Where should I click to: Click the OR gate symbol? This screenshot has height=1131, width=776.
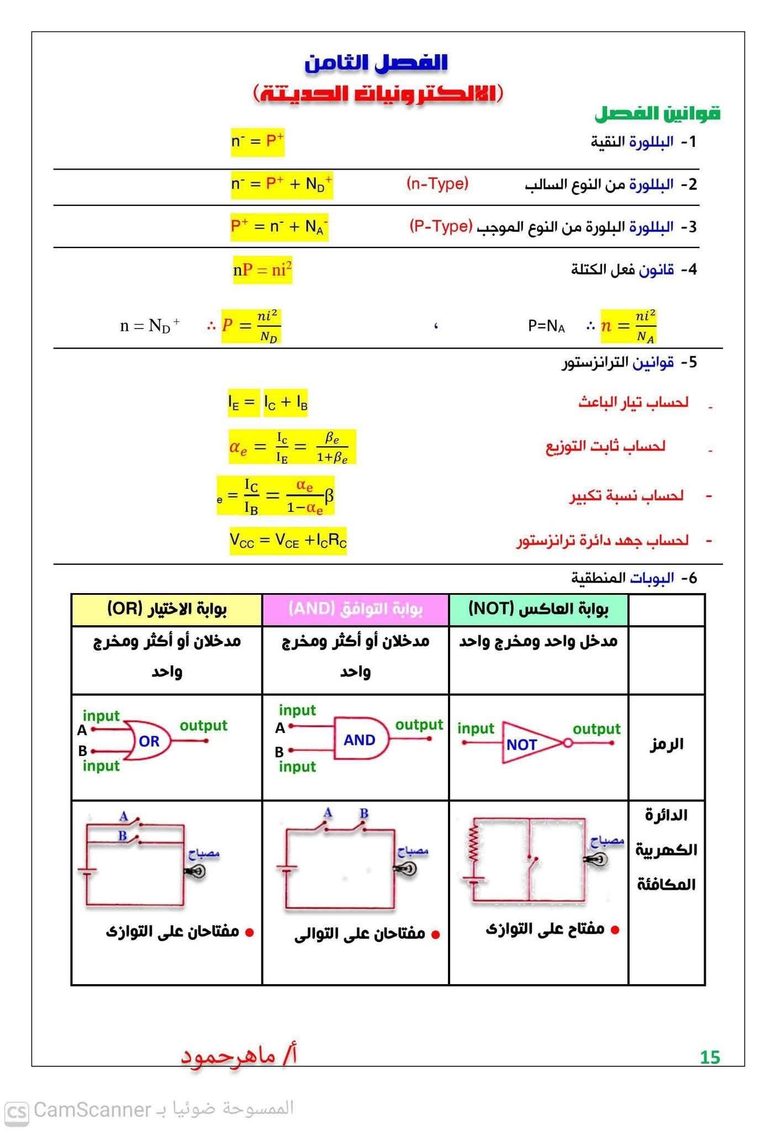[148, 741]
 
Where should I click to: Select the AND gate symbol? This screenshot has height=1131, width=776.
[360, 740]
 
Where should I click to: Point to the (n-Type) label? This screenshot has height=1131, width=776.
[437, 183]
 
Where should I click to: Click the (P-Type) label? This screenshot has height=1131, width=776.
[441, 226]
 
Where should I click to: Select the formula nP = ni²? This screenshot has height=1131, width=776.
[262, 270]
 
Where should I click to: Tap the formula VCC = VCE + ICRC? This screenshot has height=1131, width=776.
[288, 541]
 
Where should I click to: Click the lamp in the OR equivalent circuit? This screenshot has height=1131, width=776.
[196, 871]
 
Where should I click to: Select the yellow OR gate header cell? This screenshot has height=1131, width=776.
[167, 609]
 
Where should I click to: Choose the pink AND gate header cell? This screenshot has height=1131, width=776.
[356, 609]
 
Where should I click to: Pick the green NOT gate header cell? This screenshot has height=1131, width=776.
[539, 609]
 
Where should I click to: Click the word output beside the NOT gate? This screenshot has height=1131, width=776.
[596, 729]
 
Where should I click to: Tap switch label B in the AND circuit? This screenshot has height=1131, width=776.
[363, 813]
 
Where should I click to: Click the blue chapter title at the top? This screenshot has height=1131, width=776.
[376, 62]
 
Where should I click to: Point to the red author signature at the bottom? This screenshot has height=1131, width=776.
[239, 1056]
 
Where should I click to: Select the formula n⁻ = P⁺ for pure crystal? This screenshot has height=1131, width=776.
[257, 141]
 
